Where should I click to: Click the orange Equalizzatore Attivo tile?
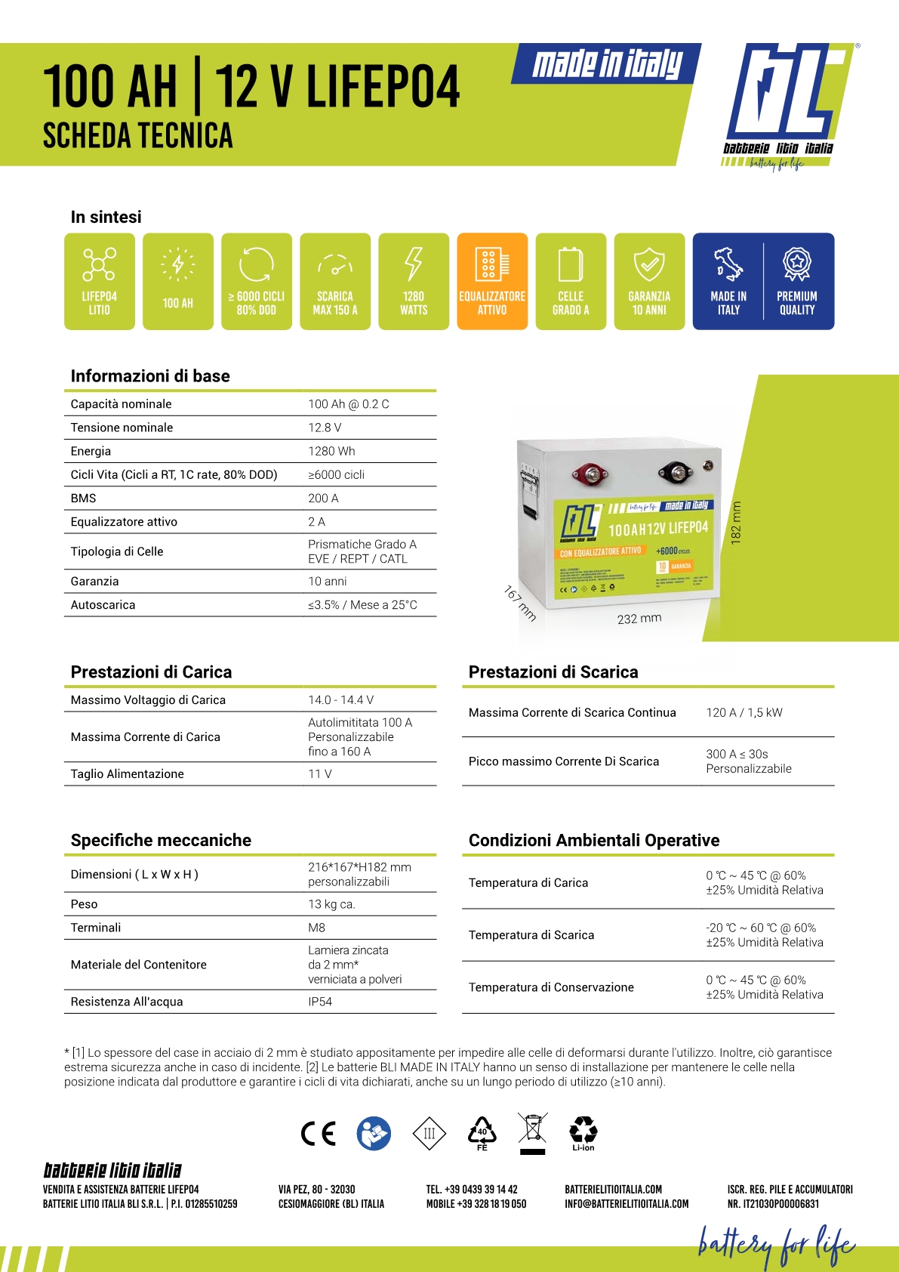tap(492, 281)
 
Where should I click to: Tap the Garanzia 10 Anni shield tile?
tap(649, 281)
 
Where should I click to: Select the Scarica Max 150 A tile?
tap(335, 281)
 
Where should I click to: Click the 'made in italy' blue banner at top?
tap(607, 63)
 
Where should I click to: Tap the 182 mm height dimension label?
tap(737, 523)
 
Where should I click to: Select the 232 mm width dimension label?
tap(639, 619)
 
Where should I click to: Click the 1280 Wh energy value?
tap(331, 451)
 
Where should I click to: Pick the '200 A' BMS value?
tap(323, 498)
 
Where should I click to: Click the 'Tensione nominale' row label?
tap(122, 428)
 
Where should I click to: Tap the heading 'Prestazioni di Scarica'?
tap(553, 672)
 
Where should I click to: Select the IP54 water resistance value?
tap(320, 1002)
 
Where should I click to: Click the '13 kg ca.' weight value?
tap(331, 904)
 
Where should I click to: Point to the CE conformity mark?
tap(318, 1133)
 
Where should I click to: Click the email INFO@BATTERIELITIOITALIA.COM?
tap(627, 1204)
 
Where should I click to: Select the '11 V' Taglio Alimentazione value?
tap(320, 773)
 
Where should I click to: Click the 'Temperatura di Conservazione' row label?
tap(551, 987)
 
